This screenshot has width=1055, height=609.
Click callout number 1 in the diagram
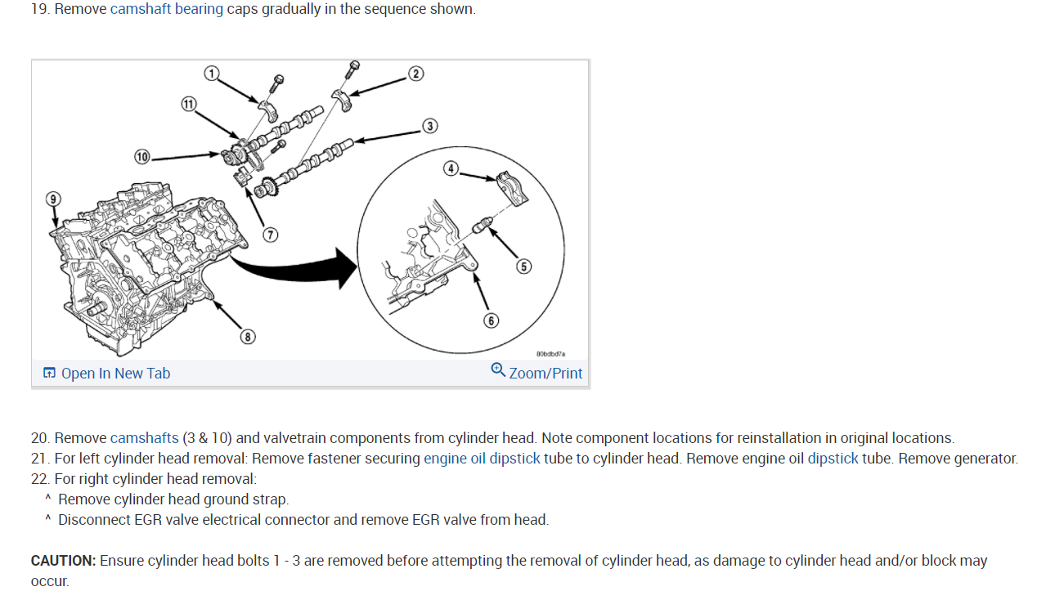[x=212, y=74]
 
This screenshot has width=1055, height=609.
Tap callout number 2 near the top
[x=415, y=74]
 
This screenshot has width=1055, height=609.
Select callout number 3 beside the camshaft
[x=429, y=126]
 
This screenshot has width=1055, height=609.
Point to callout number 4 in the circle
[x=451, y=168]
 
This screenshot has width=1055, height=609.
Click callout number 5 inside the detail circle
[x=523, y=266]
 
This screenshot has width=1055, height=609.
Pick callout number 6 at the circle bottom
[x=491, y=320]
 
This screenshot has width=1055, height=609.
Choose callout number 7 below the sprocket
[x=270, y=235]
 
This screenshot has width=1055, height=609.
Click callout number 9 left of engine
[x=53, y=199]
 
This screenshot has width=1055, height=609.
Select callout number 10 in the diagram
[x=142, y=156]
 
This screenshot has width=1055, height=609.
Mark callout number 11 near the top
[x=189, y=104]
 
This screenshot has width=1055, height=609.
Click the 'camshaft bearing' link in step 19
[x=166, y=10]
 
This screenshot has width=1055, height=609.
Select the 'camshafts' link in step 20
[x=144, y=438]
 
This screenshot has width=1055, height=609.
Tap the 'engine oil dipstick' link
[x=482, y=459]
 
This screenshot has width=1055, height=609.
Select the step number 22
[x=40, y=479]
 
